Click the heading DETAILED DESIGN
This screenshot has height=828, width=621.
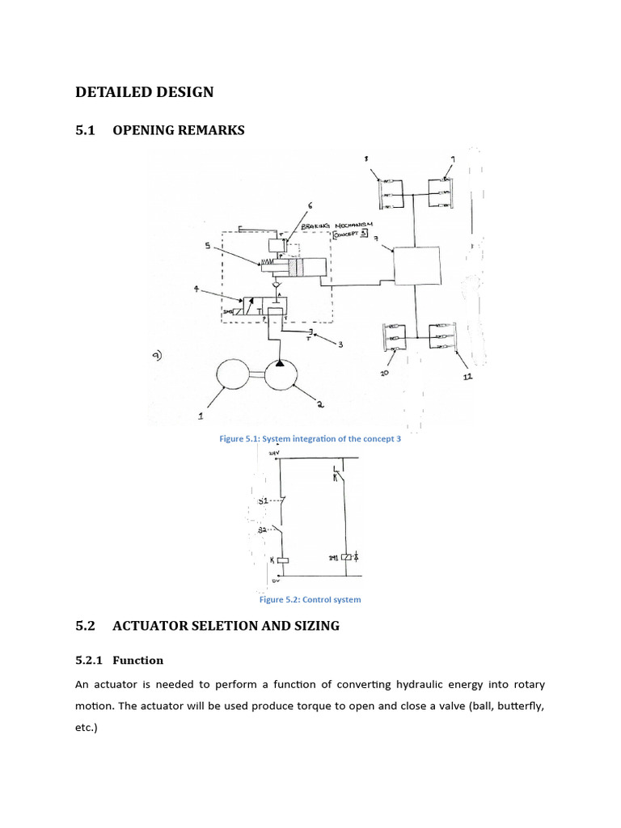[144, 92]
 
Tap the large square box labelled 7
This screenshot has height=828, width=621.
[416, 268]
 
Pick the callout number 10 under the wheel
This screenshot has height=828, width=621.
[384, 374]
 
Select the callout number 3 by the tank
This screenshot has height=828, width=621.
[340, 344]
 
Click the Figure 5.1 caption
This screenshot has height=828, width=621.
[310, 439]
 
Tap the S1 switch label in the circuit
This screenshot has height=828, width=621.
[263, 501]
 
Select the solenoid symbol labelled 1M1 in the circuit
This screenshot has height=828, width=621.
[346, 557]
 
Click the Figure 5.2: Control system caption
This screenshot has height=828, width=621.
[310, 600]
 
